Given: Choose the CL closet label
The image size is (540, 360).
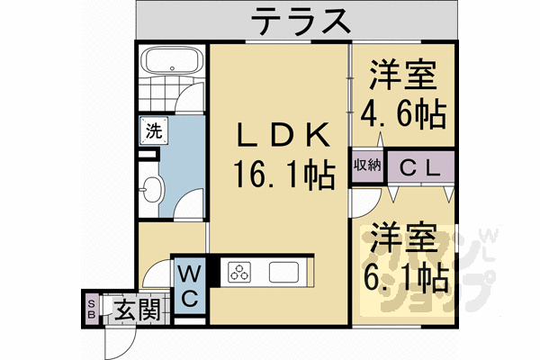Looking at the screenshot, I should coord(419,167).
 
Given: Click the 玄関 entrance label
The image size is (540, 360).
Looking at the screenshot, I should coord(137,310).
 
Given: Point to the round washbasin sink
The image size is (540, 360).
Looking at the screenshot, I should coord(152,191).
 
